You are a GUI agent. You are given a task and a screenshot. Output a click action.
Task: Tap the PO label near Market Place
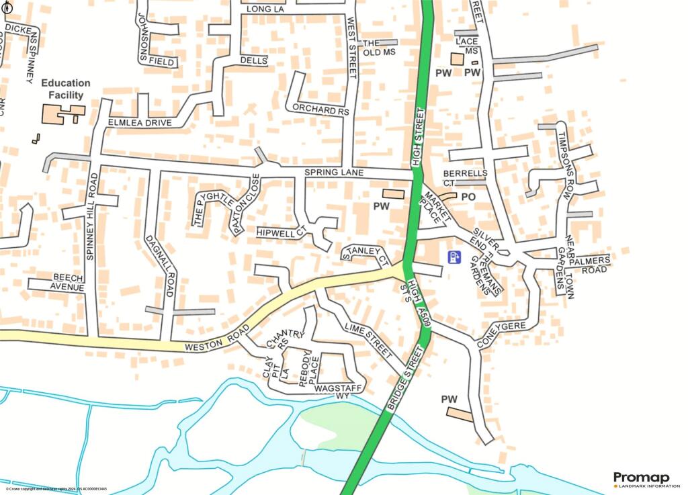[x=468, y=196]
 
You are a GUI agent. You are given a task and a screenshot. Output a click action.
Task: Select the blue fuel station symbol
[x=455, y=257]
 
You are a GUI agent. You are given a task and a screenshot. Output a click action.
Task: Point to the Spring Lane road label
[x=334, y=173]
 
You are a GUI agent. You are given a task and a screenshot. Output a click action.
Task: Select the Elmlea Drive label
[x=140, y=123]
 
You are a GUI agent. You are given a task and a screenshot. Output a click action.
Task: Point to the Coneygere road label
[x=501, y=333]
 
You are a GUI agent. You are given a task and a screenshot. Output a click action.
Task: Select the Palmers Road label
[x=591, y=265]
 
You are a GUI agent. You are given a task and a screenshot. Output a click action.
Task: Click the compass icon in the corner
[x=7, y=9]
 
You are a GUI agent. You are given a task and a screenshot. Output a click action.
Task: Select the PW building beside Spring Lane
[x=395, y=193]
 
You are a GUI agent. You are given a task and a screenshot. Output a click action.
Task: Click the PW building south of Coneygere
[x=460, y=414]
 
